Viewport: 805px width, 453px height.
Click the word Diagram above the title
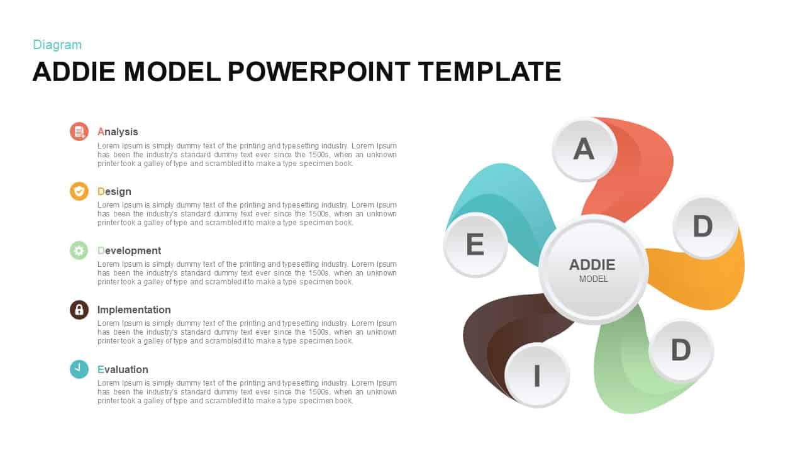click(x=57, y=45)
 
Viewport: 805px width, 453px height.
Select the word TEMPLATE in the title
click(x=489, y=72)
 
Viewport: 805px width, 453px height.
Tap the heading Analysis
click(x=118, y=131)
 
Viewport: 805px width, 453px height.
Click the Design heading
click(x=114, y=191)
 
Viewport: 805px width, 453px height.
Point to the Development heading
click(x=129, y=250)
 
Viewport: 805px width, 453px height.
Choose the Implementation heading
click(x=134, y=310)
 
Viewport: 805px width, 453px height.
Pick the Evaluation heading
click(x=123, y=369)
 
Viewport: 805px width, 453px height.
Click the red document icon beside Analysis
click(x=79, y=131)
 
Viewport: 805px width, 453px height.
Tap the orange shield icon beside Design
click(x=79, y=191)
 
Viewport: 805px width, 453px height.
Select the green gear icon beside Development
click(x=79, y=250)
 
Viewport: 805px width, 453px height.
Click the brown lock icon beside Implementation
click(x=79, y=310)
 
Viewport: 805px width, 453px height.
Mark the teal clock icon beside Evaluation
click(x=79, y=369)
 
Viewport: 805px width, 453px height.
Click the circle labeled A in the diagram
click(x=584, y=150)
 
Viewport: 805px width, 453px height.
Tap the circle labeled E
click(x=475, y=245)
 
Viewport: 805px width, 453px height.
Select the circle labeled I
click(x=537, y=376)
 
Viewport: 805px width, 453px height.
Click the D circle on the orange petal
click(x=704, y=226)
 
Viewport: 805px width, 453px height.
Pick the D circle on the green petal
click(x=680, y=350)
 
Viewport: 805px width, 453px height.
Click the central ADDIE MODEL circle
click(x=593, y=269)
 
